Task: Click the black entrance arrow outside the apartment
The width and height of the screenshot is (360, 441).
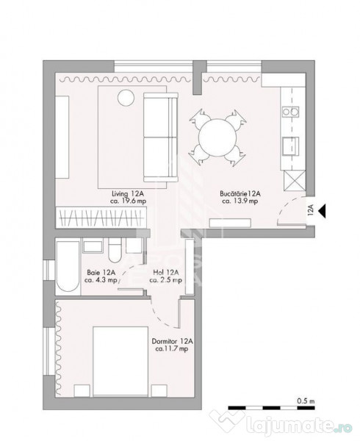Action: (323, 212)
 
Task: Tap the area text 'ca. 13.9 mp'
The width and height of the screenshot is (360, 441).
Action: (236, 204)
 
